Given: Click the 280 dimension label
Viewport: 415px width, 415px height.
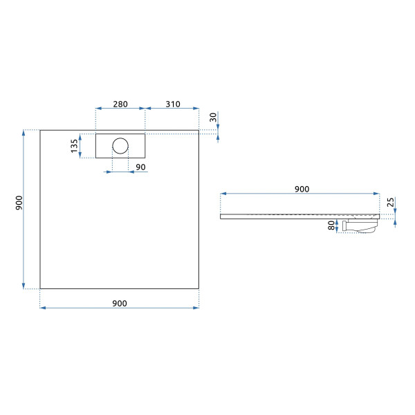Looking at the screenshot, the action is click(120, 104).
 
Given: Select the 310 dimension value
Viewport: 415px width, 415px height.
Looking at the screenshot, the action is click(173, 104).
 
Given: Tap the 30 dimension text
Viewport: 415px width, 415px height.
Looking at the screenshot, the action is click(213, 117).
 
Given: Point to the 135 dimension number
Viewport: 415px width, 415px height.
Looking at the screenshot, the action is click(75, 146).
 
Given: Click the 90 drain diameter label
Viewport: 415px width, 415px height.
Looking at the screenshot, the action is click(140, 167).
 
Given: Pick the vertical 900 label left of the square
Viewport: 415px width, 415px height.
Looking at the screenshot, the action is click(19, 203).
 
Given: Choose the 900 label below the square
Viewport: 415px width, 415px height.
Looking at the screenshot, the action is click(120, 304).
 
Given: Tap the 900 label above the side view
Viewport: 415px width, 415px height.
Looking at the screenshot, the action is click(302, 189).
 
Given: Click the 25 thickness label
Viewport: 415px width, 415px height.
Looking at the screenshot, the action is click(390, 203).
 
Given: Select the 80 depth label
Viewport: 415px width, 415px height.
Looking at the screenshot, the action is click(331, 225).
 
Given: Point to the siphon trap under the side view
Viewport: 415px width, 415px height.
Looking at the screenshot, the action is click(360, 225).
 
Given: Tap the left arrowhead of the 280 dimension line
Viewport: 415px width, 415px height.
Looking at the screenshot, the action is click(98, 109).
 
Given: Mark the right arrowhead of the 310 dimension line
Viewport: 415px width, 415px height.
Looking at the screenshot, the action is click(196, 109).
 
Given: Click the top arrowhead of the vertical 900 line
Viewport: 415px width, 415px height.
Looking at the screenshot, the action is click(24, 133).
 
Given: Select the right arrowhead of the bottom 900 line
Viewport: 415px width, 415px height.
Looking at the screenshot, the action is click(196, 308).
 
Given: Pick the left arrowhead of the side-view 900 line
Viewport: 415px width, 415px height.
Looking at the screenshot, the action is click(223, 194).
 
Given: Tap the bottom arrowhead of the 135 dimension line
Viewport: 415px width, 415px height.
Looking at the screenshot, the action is click(80, 155).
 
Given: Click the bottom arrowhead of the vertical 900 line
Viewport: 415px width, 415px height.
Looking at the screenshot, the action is click(24, 286).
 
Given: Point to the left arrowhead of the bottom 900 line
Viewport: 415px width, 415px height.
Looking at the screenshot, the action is click(43, 308).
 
